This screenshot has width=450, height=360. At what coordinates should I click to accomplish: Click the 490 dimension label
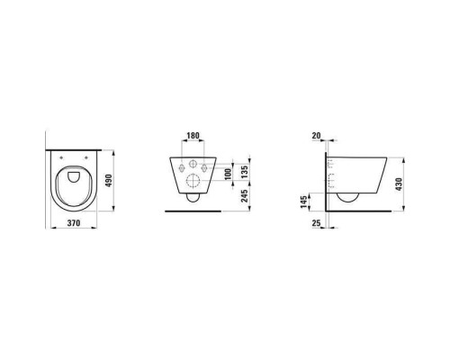pos(109,181)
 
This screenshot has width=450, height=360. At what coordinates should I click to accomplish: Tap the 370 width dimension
pos(74,223)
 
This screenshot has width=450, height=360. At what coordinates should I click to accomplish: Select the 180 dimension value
pos(193,136)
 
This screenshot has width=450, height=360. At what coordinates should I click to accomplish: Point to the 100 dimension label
pos(229,175)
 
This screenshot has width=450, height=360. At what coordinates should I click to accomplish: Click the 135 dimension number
pos(245,172)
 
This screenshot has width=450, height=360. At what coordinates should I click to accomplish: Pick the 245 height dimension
pos(245,196)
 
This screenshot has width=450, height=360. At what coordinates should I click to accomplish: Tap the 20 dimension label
pos(316,136)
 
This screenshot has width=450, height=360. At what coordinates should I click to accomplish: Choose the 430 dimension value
pos(399,184)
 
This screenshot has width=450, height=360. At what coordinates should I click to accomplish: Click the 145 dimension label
pos(304,202)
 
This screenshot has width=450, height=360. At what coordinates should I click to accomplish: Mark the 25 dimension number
pos(316,223)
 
